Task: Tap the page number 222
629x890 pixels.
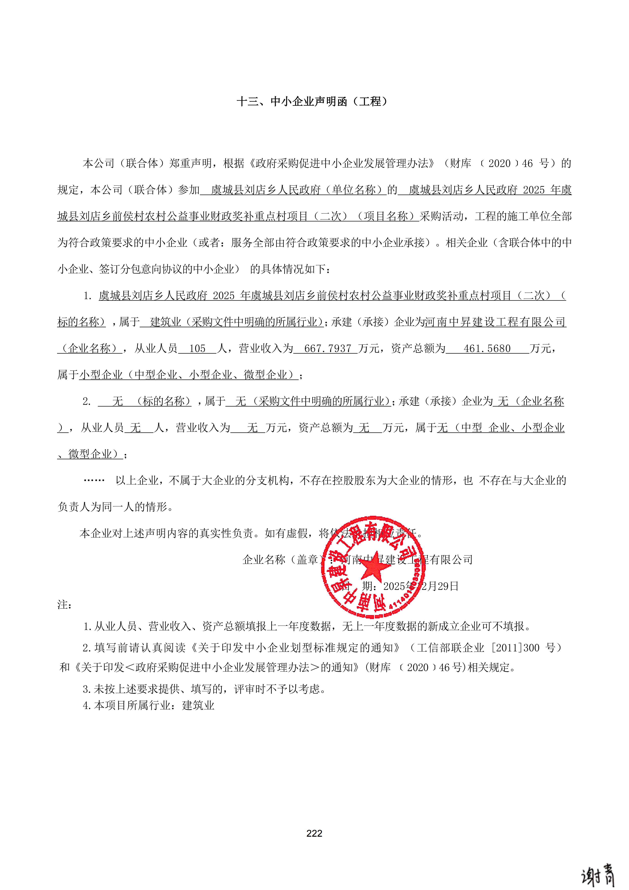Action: pos(314,833)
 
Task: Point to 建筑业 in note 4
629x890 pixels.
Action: pos(198,705)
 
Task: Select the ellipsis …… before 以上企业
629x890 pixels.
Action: pos(94,481)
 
